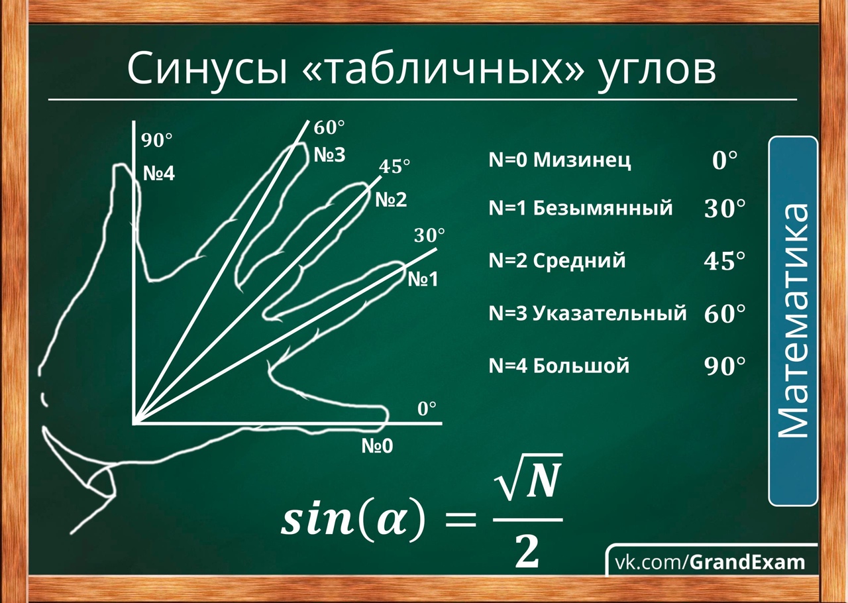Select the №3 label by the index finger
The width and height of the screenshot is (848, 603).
point(330,155)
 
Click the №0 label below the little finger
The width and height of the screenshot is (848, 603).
point(377,446)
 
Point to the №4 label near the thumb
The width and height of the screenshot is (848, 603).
point(159,174)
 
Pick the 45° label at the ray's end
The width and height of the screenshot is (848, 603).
point(394,166)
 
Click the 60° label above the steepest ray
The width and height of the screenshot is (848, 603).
point(329,128)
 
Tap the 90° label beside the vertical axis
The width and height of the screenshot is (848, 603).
point(157,140)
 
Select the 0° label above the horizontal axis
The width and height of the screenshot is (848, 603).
point(427,409)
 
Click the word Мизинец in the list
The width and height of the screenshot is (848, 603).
point(582,160)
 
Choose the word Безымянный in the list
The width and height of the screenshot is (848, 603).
point(603,208)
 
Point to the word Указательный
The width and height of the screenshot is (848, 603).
point(609,313)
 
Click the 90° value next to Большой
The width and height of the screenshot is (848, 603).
point(725,366)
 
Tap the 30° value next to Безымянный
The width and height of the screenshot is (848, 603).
point(725,209)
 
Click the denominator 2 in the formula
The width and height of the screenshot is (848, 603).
point(527,552)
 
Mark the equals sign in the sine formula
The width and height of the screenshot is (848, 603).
point(460,520)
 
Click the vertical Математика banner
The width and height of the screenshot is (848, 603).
point(793,321)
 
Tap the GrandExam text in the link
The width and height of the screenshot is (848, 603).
point(747,563)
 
